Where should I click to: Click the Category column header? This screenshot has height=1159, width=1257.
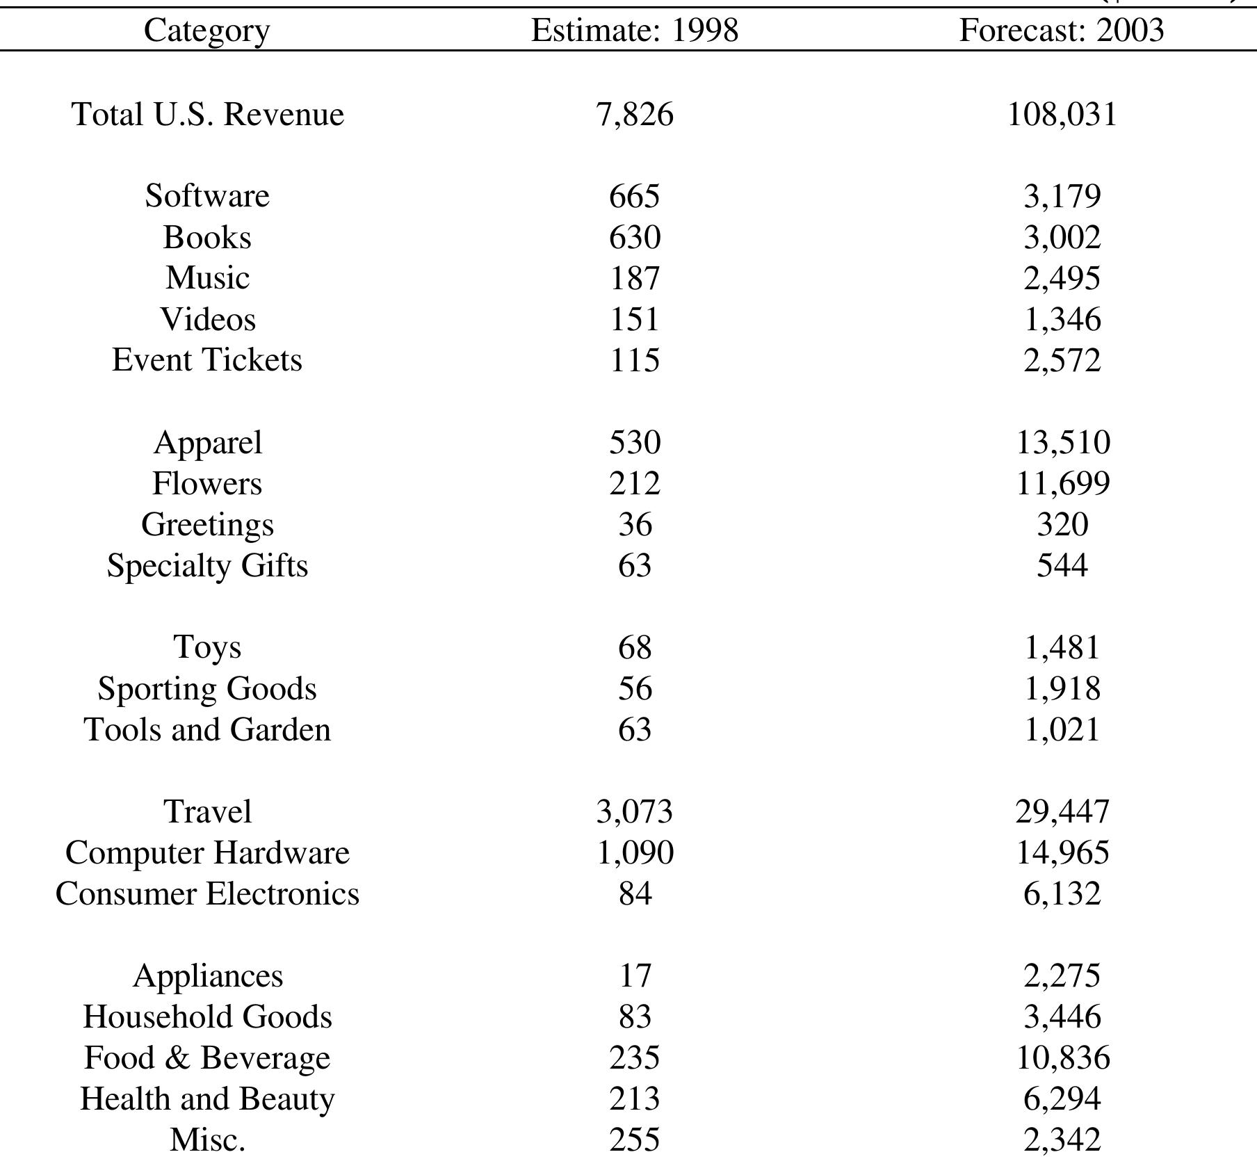[x=206, y=31]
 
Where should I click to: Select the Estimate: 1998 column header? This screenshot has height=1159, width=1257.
[x=634, y=31]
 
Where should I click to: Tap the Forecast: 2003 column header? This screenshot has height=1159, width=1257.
[x=1061, y=31]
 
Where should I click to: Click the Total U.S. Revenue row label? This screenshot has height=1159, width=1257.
[x=207, y=114]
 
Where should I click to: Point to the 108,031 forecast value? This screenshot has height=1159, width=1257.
[x=1062, y=114]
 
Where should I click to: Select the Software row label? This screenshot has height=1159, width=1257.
[x=207, y=195]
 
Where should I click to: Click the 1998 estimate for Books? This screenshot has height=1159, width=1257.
[x=634, y=237]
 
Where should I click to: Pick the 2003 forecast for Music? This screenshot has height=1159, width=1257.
[x=1062, y=278]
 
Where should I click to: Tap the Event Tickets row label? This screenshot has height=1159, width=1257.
[x=207, y=360]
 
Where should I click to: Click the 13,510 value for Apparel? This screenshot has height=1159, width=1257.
[x=1062, y=442]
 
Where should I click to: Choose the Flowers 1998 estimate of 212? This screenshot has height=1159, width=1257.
[x=634, y=483]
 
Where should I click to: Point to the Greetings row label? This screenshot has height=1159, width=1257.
[x=207, y=525]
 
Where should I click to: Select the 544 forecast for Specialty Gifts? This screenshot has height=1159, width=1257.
[x=1062, y=565]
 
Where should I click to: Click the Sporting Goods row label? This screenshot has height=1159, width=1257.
[x=207, y=688]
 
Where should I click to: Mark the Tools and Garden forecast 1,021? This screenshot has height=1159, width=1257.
[x=1062, y=730]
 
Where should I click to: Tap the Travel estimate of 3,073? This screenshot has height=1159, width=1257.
[x=634, y=811]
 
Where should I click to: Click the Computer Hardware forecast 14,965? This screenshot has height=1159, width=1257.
[x=1062, y=852]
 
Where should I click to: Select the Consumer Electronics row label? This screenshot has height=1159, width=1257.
[x=207, y=893]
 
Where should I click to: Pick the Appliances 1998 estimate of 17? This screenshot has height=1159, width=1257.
[x=634, y=975]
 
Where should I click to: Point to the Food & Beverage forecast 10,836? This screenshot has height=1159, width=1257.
[x=1062, y=1057]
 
